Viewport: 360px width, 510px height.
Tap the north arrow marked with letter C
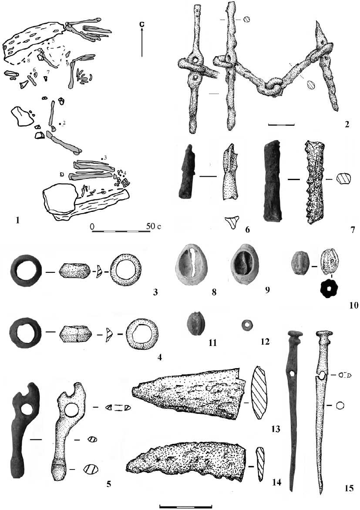point(142,39)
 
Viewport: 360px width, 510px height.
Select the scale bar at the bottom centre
point(186,507)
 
